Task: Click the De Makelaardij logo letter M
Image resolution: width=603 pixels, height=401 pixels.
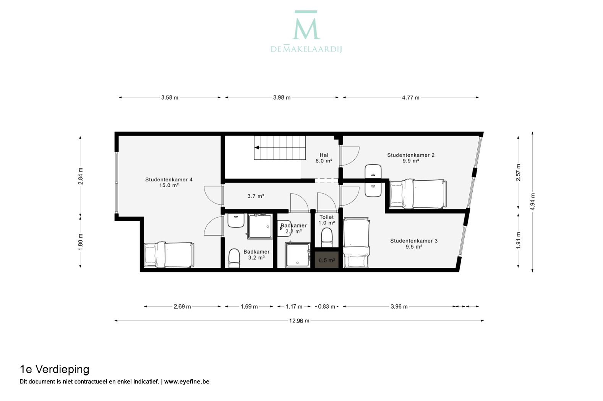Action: [306, 25]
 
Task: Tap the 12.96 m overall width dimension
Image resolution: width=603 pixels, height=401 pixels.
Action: [299, 321]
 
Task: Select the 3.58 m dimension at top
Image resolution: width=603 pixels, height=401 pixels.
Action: [170, 97]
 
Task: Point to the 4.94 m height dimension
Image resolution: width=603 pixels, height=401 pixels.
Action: [532, 202]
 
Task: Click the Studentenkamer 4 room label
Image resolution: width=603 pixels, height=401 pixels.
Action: [169, 182]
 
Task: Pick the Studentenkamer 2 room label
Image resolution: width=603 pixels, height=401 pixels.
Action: [411, 158]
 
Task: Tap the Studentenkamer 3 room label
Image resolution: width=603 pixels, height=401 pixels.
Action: [414, 244]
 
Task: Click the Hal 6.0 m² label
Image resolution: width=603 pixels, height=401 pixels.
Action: [324, 158]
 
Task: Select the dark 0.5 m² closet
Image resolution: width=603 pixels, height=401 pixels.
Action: [327, 260]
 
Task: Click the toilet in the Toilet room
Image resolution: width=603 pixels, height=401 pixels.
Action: [327, 238]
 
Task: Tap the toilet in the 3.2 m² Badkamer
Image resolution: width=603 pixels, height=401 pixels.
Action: [234, 258]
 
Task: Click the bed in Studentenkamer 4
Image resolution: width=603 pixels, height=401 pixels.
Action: [169, 255]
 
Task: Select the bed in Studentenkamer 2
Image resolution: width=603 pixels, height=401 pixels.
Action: [418, 194]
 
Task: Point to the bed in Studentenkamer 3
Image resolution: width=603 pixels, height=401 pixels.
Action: [356, 243]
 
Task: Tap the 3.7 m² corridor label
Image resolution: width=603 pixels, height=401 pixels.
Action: [256, 196]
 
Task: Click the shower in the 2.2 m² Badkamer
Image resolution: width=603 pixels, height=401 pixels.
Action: [298, 254]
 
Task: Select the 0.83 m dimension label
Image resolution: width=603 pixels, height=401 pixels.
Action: [327, 307]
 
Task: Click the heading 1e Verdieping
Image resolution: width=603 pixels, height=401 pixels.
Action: [54, 369]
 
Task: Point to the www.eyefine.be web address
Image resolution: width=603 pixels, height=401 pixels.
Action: [187, 382]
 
